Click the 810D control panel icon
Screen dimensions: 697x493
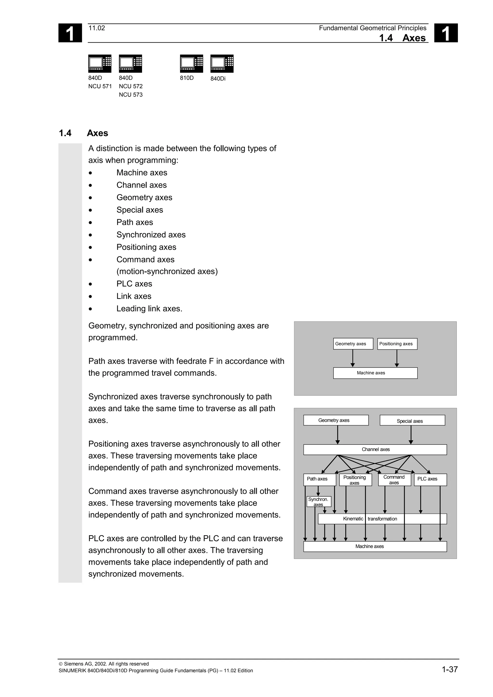191,63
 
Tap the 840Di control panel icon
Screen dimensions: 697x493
222,63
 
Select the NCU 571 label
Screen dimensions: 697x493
100,87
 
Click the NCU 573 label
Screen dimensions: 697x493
131,95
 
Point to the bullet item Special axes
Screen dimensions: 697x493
140,210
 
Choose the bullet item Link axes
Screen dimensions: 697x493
134,296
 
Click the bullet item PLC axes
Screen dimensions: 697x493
134,284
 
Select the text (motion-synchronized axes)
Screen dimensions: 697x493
167,271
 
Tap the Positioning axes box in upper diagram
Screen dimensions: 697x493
397,344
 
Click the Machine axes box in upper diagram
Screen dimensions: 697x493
375,373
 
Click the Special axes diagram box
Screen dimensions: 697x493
412,421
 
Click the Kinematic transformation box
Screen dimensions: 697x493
382,519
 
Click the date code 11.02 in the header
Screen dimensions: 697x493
97,28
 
